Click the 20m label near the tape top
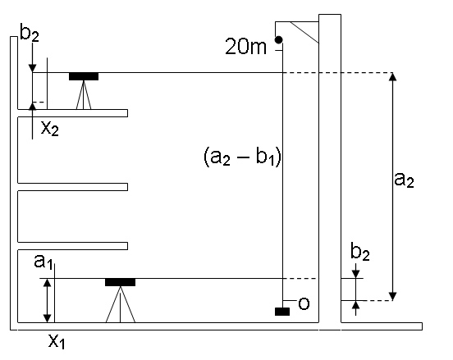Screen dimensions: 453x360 click(245, 47)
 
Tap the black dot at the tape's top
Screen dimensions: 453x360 click(278, 40)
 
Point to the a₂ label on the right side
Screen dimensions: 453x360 click(404, 180)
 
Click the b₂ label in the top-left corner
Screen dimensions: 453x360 click(30, 33)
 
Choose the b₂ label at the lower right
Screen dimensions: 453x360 click(360, 252)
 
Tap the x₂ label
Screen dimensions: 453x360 click(50, 129)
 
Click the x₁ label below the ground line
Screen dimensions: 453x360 click(57, 341)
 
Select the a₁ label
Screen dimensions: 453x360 click(43, 262)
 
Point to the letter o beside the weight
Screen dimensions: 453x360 click(304, 303)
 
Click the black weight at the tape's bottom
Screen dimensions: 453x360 click(282, 312)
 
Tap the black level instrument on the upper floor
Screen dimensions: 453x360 click(84, 76)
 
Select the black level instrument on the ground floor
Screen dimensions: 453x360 click(120, 282)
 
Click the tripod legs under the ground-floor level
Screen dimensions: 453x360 click(120, 304)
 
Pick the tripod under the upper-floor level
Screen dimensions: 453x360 click(84, 95)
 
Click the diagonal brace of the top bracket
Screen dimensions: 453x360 click(304, 33)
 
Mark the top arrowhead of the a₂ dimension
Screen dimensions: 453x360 click(392, 76)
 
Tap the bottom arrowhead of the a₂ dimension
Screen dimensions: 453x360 click(392, 297)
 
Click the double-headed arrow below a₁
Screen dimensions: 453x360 click(47, 300)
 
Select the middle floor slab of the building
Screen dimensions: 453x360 click(72, 187)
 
